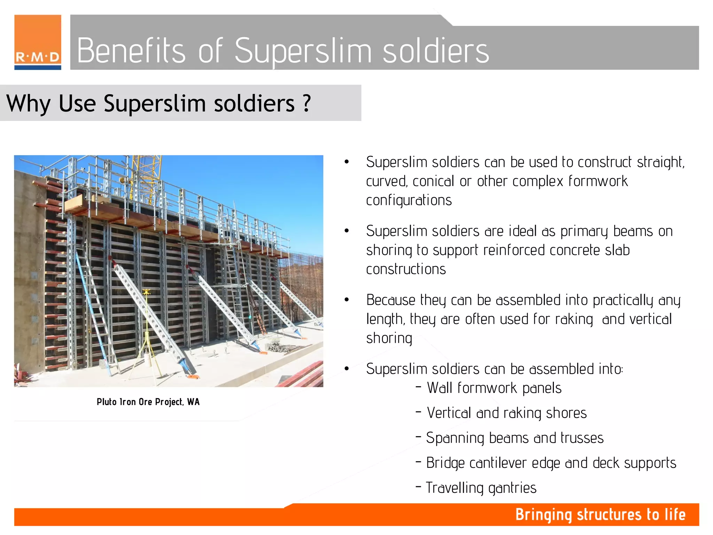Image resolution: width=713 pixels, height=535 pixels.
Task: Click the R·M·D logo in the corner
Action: pyautogui.click(x=38, y=42)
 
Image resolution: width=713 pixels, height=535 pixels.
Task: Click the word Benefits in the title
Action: pyautogui.click(x=131, y=51)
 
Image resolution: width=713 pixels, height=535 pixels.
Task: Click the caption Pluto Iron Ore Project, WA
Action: pyautogui.click(x=148, y=402)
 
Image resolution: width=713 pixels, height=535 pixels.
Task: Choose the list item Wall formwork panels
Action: pyautogui.click(x=494, y=388)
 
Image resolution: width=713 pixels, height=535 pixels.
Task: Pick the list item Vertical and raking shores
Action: pyautogui.click(x=507, y=413)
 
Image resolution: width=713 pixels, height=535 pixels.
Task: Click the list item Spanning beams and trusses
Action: pyautogui.click(x=515, y=438)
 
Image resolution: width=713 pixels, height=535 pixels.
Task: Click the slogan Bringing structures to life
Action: pyautogui.click(x=600, y=515)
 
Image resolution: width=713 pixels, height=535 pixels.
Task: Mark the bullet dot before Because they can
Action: pyautogui.click(x=346, y=300)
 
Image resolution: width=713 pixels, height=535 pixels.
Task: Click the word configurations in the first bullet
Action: pyautogui.click(x=409, y=201)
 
